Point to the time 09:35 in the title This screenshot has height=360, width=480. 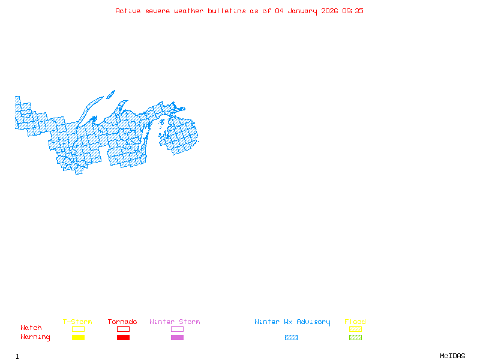tap(353, 11)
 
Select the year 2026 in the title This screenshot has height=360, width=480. tap(329, 11)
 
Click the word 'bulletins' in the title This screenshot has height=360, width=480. tap(227, 11)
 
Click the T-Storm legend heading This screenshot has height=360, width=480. tap(77, 322)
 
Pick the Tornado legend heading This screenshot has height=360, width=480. tap(122, 322)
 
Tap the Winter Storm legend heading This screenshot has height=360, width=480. tap(175, 322)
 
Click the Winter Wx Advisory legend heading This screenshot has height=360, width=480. tap(292, 322)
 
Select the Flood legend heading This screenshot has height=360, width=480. tap(355, 322)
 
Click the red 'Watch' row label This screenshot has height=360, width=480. tap(31, 328)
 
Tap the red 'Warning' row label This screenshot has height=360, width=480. tap(35, 337)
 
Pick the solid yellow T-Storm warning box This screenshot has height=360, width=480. tap(78, 338)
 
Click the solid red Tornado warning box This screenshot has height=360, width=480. tap(123, 338)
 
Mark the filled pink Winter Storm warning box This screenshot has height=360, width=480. tap(177, 338)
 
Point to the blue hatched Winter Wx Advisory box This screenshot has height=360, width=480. tap(291, 338)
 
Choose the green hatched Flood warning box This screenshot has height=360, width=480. tap(355, 338)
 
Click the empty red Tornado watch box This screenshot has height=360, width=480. tap(123, 329)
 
